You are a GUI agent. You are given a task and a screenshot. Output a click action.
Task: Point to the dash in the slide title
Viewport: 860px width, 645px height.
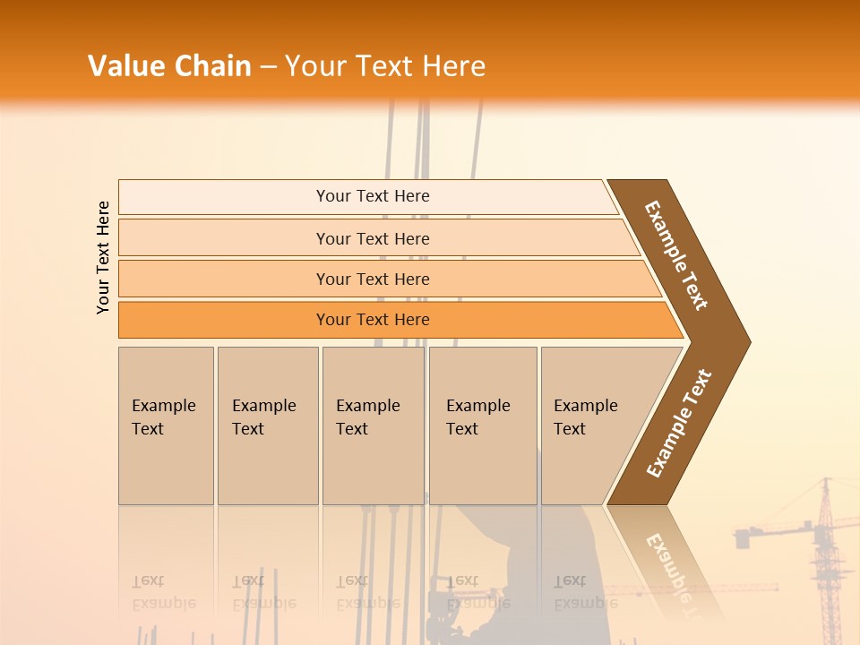[x=268, y=67]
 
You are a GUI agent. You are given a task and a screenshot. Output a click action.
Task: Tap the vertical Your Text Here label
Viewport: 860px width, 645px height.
[x=103, y=258]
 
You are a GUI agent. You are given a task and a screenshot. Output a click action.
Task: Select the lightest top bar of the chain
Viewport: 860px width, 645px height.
[x=367, y=196]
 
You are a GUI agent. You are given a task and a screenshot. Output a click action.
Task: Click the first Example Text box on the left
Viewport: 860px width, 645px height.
[x=166, y=426]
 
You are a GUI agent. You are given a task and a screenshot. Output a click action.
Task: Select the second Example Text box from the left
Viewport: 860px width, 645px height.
[x=267, y=426]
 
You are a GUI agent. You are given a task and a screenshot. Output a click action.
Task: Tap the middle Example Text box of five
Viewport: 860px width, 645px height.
[x=373, y=426]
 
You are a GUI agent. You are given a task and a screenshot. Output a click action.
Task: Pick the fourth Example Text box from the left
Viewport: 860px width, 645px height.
[x=482, y=426]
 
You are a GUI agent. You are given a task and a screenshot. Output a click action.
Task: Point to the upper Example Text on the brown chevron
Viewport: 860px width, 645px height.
[x=676, y=255]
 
